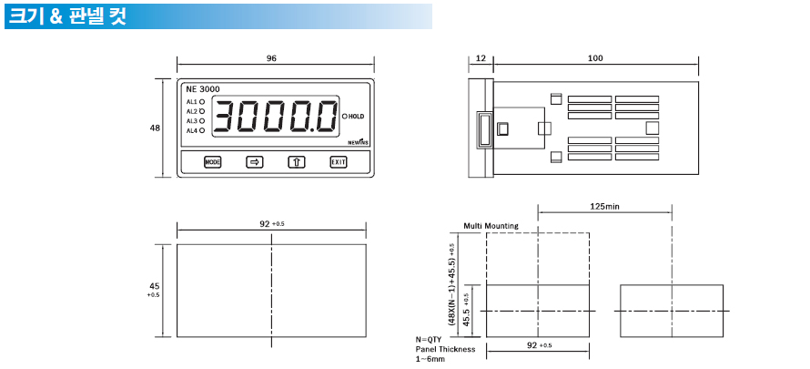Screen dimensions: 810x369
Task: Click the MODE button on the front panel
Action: pyautogui.click(x=212, y=162)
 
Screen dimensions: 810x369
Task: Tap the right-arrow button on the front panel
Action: pyautogui.click(x=254, y=162)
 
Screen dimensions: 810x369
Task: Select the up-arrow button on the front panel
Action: pyautogui.click(x=297, y=162)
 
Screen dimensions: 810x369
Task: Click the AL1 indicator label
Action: pyautogui.click(x=192, y=102)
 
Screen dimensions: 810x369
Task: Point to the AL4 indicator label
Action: pyautogui.click(x=192, y=131)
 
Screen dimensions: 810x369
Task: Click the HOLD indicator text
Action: pyautogui.click(x=357, y=117)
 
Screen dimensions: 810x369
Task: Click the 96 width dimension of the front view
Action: pyautogui.click(x=272, y=58)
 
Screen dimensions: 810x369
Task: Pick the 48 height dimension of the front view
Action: pyautogui.click(x=155, y=128)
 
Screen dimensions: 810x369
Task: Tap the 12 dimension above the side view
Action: pyautogui.click(x=481, y=58)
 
